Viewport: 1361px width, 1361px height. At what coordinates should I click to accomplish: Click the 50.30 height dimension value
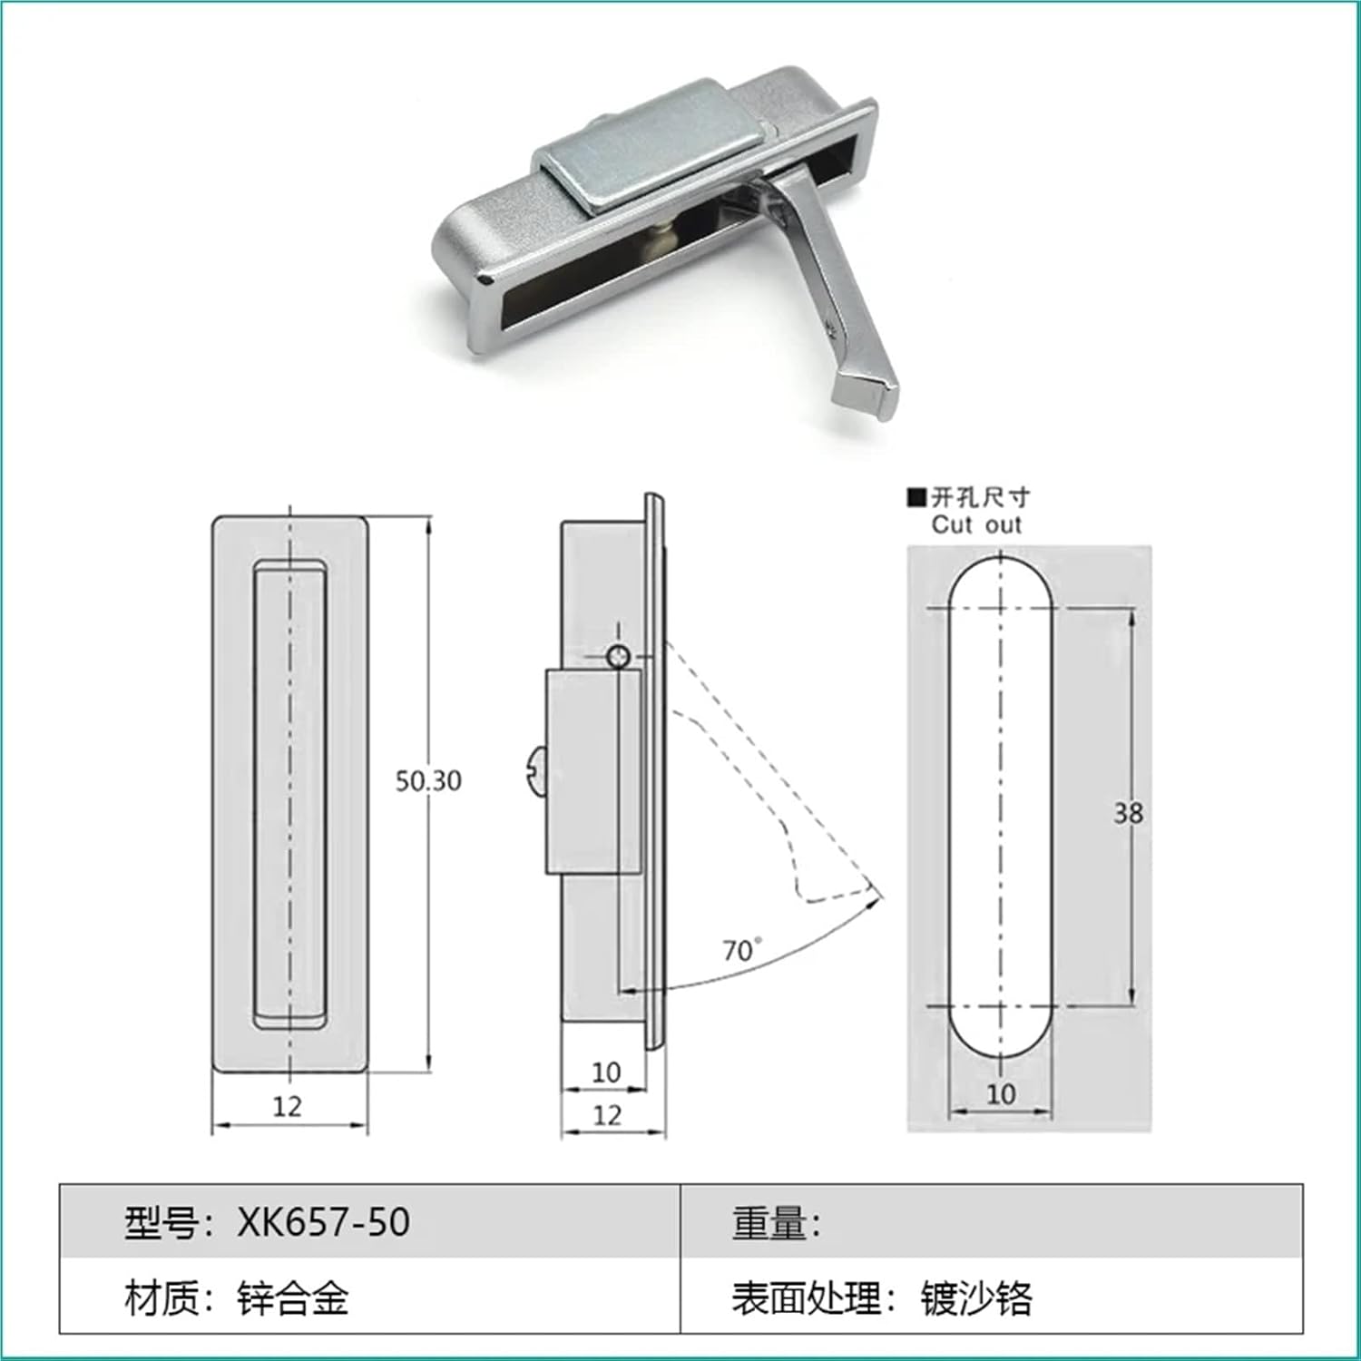pos(428,781)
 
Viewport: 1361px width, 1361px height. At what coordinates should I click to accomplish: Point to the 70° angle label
pos(741,950)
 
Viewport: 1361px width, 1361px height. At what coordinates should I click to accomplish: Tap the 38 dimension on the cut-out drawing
pos(1128,813)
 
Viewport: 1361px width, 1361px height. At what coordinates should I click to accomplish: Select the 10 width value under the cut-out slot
pos(1001,1094)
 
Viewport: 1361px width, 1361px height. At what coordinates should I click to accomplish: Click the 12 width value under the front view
pos(288,1106)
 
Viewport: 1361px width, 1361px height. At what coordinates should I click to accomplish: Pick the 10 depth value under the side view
pos(606,1072)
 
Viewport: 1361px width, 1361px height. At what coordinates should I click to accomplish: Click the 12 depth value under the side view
pos(607,1115)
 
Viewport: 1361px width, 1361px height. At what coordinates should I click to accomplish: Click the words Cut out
pos(976,524)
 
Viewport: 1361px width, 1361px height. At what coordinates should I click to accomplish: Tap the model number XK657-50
pos(324,1222)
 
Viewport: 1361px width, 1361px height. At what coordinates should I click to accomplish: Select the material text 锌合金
pos(293,1298)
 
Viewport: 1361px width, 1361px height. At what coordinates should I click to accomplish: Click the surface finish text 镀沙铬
pos(976,1298)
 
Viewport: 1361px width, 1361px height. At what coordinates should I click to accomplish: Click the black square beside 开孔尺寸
pos(916,497)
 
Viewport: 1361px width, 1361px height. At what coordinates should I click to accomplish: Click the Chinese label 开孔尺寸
pos(982,497)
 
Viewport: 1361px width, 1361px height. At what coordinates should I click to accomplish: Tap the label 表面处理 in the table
pos(807,1298)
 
